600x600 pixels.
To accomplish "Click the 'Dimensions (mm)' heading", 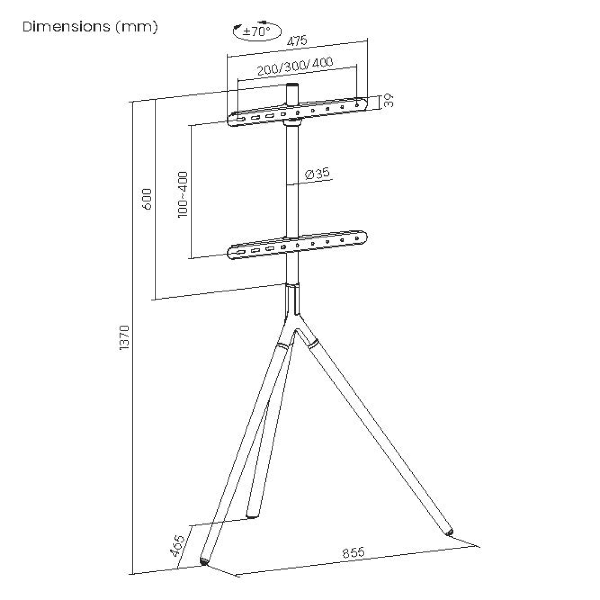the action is tap(90, 27).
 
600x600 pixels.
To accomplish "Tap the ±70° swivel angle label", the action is tap(257, 31).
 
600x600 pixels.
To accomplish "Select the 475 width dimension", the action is tap(297, 41).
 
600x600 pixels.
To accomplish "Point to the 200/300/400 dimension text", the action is tap(295, 66).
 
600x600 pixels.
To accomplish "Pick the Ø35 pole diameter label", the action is tap(317, 174).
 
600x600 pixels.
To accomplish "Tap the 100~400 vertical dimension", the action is tap(183, 195).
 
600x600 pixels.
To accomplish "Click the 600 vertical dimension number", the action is tap(146, 199).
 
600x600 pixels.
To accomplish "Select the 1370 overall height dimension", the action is tap(124, 338).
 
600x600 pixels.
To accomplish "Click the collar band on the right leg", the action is tap(312, 343).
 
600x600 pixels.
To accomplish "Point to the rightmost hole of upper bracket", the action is tap(357, 105).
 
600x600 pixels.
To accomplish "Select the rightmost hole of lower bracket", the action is tap(357, 239).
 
